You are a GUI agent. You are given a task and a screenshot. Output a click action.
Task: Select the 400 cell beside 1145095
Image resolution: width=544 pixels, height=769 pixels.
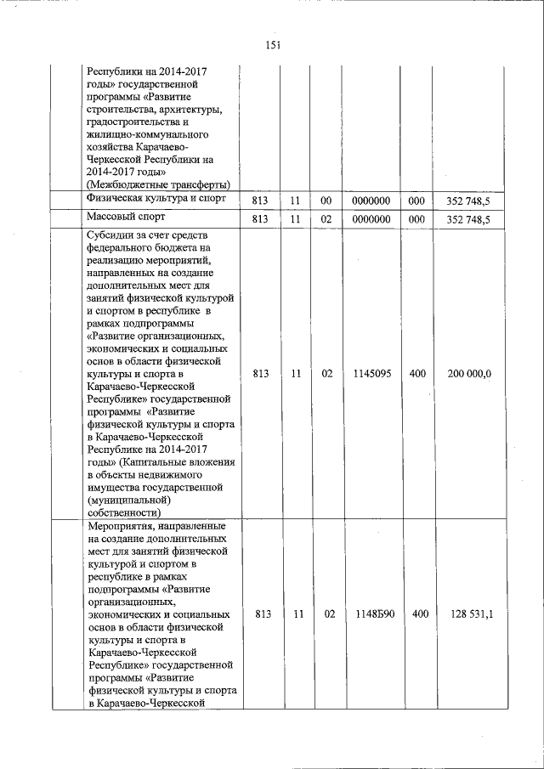(x=417, y=373)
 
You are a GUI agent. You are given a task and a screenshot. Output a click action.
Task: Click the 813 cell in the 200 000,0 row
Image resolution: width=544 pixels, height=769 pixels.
(x=261, y=373)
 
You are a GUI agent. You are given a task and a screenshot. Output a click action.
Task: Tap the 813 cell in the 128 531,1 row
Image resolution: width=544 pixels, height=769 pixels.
(x=261, y=613)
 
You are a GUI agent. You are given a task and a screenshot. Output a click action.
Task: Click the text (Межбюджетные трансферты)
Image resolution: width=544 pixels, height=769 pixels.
(x=159, y=185)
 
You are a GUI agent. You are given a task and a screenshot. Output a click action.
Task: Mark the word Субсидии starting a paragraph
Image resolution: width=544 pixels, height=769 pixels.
(x=112, y=235)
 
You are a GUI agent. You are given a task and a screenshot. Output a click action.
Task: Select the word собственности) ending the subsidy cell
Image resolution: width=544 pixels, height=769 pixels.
(x=124, y=512)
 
